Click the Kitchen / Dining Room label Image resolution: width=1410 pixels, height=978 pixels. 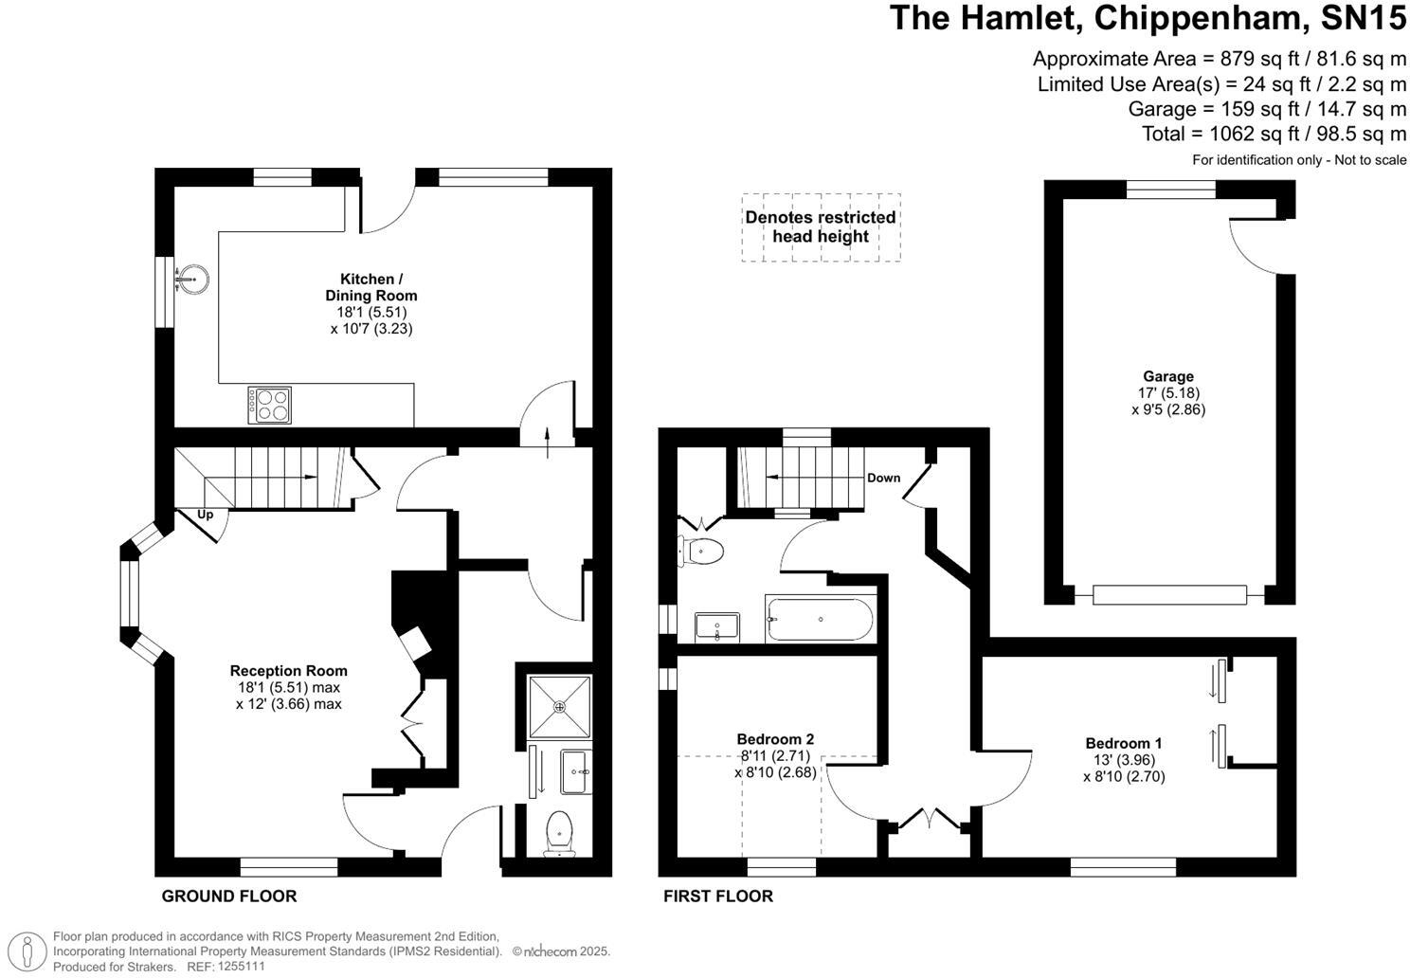(371, 287)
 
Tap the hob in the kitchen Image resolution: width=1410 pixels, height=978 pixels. (269, 405)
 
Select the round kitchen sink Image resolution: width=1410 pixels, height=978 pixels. (192, 279)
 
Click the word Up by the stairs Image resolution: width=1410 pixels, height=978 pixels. (206, 515)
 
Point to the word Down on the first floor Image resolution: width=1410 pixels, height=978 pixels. (884, 478)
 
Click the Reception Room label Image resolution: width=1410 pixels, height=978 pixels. (289, 671)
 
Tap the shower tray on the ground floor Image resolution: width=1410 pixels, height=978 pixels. (560, 707)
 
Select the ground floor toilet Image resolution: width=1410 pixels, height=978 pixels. (559, 834)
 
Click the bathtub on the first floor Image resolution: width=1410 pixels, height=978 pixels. (820, 619)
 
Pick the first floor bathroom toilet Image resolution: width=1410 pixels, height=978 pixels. (701, 552)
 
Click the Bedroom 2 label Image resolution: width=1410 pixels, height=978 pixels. (775, 739)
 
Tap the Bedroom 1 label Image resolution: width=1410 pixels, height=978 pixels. (1124, 743)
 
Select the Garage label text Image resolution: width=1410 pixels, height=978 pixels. (1168, 376)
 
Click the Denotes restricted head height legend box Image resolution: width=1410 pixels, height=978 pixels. (821, 227)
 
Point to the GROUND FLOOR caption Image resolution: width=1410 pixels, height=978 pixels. (229, 896)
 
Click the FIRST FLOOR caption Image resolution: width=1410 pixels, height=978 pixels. (718, 896)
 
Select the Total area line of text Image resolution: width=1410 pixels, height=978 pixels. (1274, 134)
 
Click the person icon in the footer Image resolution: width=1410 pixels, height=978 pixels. (27, 951)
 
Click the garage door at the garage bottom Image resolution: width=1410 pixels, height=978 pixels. (1169, 595)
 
